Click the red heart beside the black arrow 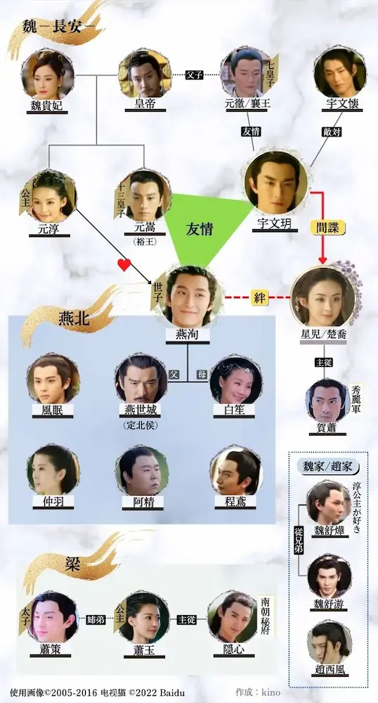(x=124, y=265)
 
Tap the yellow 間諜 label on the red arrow (x=328, y=228)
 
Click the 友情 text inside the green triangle (x=200, y=230)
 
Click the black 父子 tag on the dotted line (x=195, y=75)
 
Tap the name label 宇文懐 (x=340, y=104)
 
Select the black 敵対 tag (x=332, y=132)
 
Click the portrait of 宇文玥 (x=276, y=182)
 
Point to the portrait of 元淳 (x=51, y=195)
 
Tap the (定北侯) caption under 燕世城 (x=141, y=425)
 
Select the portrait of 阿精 (x=141, y=470)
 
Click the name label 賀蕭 (x=327, y=427)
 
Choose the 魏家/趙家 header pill (x=328, y=466)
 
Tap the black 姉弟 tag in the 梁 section (x=97, y=619)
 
